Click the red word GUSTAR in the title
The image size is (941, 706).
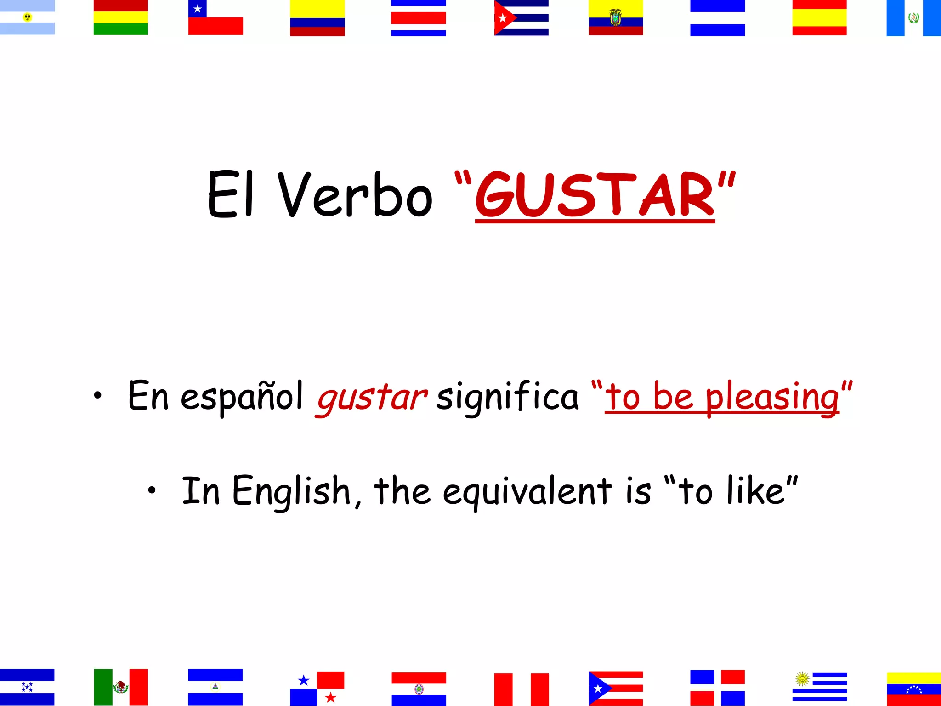[595, 195]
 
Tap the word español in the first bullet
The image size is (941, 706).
[242, 396]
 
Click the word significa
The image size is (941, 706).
[507, 396]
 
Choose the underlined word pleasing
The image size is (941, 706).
[772, 397]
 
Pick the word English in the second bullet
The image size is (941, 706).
[292, 491]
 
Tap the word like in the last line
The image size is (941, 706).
[755, 491]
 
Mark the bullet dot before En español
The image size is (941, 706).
[97, 395]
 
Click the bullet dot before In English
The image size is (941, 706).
[152, 490]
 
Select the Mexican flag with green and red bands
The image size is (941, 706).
[121, 687]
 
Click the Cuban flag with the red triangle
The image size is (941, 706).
[521, 17]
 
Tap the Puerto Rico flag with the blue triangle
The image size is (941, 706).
[615, 688]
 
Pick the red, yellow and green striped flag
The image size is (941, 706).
[121, 17]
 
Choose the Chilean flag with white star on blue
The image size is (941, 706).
[215, 17]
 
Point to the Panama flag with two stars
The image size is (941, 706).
[317, 688]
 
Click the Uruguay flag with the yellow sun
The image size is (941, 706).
[820, 687]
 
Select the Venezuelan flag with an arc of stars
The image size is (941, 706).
[913, 689]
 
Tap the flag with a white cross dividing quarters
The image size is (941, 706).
[717, 688]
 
